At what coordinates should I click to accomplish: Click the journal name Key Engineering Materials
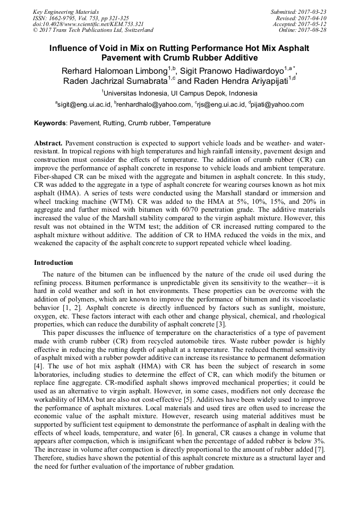[65, 11]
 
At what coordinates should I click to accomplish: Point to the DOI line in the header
[88, 24]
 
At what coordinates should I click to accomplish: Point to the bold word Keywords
[50, 123]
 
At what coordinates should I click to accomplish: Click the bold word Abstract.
[48, 144]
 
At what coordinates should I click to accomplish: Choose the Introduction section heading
[54, 263]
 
